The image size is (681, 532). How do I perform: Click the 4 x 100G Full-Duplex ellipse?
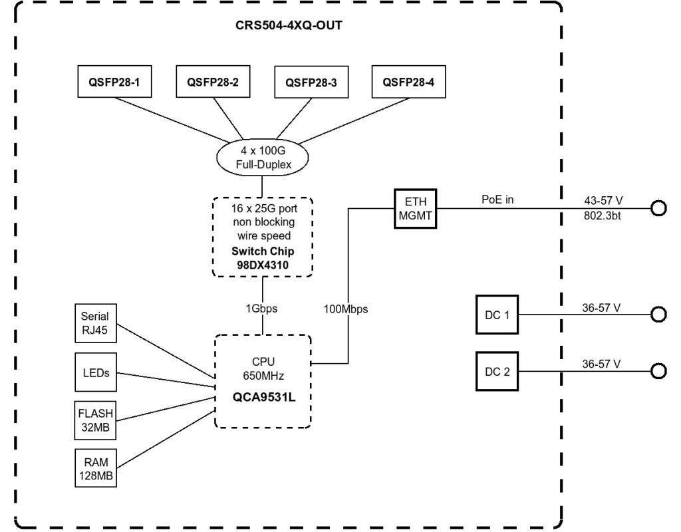click(x=263, y=157)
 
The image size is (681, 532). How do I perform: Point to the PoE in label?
click(x=499, y=199)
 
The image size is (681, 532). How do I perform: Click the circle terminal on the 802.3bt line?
click(x=658, y=209)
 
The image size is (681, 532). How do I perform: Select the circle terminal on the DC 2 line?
click(x=658, y=371)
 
